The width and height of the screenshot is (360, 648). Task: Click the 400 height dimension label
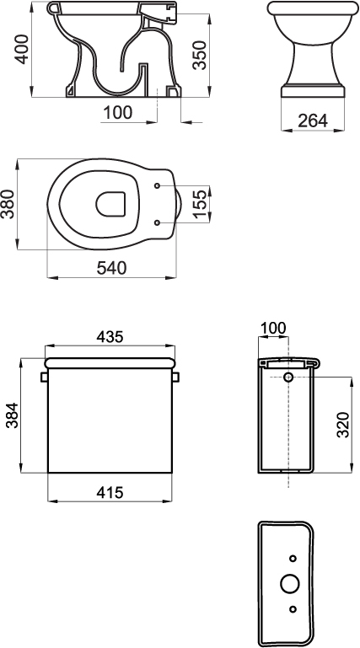coord(22,49)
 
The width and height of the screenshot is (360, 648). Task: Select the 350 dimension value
coord(200,55)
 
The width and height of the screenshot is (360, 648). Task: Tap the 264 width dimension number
coord(313,120)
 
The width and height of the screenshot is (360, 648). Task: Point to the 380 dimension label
coord(8,204)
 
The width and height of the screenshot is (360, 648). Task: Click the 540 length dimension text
coord(111,268)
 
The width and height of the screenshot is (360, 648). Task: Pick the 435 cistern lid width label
coord(110,337)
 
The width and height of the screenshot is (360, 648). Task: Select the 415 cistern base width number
coord(110,492)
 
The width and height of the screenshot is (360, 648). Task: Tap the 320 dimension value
coord(343,425)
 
